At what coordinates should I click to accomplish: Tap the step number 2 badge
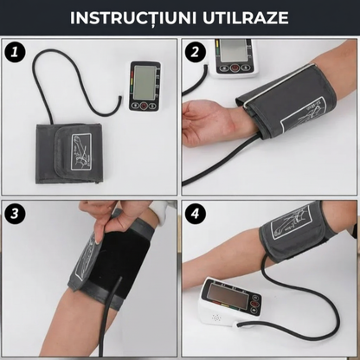point(196,52)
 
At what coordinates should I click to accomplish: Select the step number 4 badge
point(196,213)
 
